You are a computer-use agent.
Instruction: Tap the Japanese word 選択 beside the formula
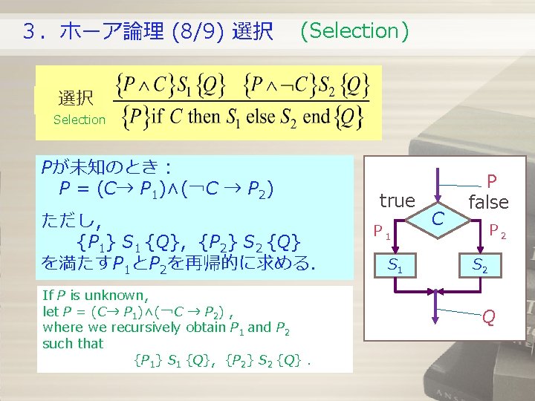pos(76,98)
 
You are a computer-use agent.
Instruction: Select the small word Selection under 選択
pos(80,120)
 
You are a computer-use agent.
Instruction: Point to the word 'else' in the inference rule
pos(262,117)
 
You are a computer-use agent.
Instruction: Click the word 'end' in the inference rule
pos(317,117)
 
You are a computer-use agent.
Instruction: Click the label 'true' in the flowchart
pos(397,200)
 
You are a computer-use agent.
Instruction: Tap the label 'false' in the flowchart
pos(488,202)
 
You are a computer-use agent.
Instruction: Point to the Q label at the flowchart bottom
pos(488,317)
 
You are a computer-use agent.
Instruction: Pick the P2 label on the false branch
pos(497,232)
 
